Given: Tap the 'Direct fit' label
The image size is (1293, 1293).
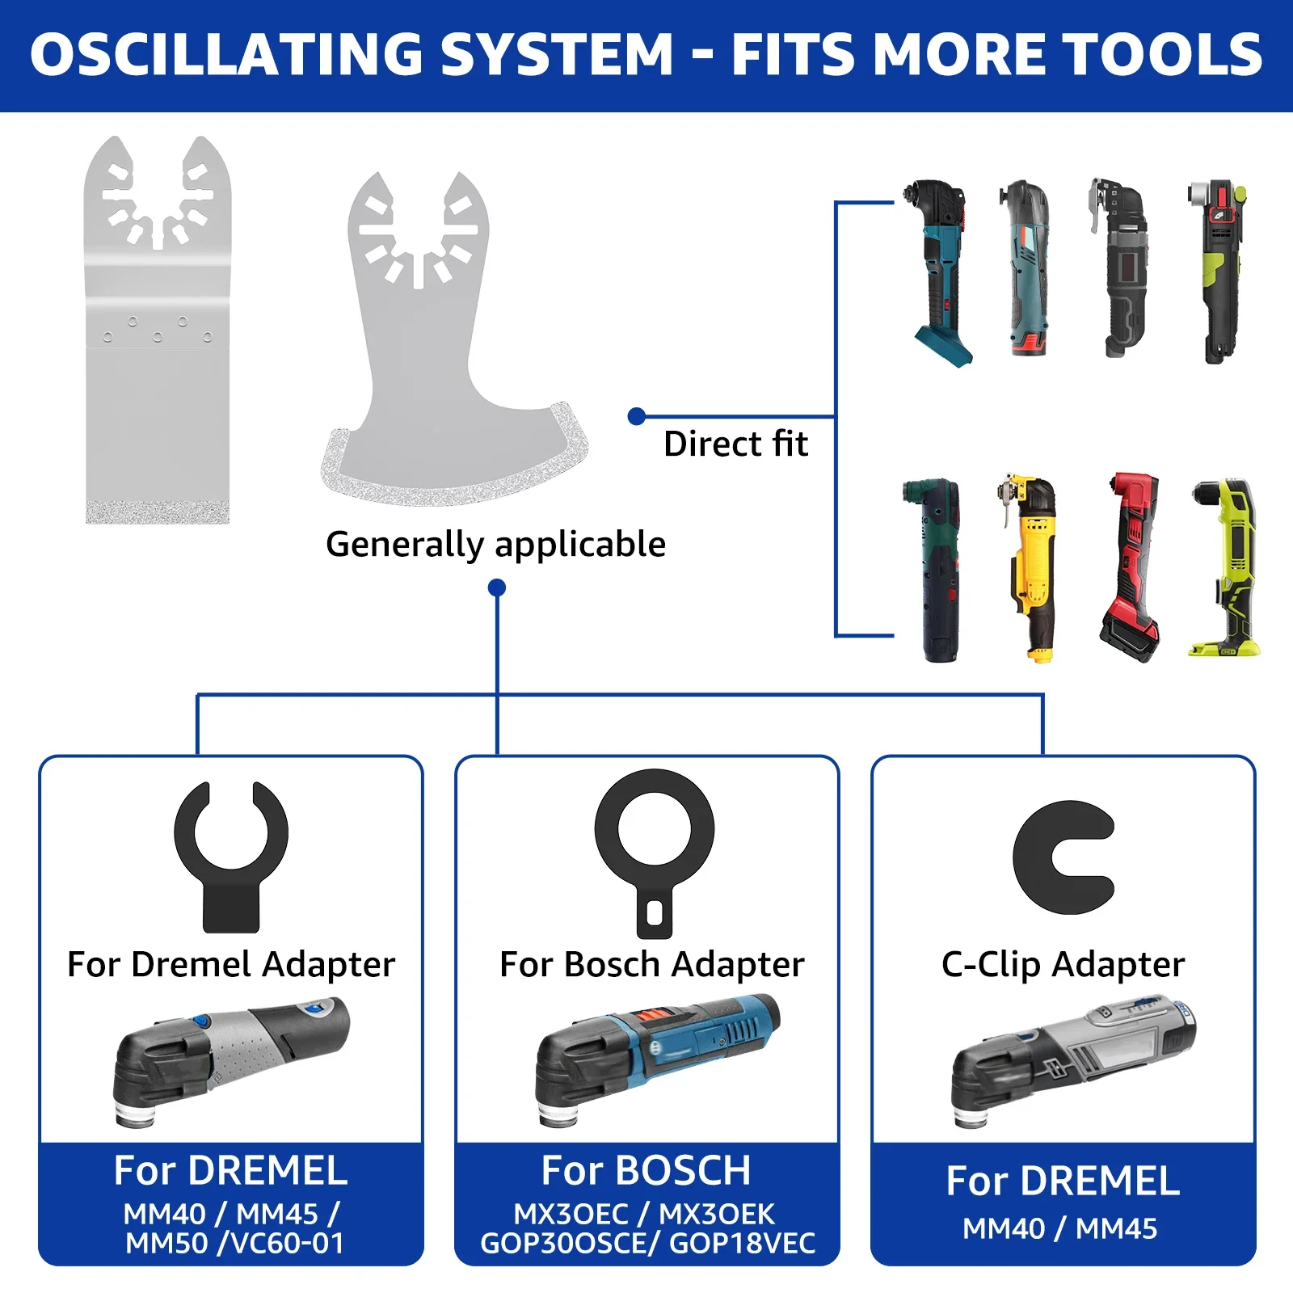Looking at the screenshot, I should click(x=735, y=444).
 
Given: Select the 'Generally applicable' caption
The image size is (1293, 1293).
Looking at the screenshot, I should click(x=495, y=544).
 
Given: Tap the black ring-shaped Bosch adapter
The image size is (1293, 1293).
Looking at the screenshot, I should click(x=655, y=849).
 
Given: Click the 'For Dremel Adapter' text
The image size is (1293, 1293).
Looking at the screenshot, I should click(x=231, y=964).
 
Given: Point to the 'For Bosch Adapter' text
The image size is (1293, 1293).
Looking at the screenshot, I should click(x=652, y=964).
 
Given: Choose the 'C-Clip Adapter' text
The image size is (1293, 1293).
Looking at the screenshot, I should click(x=1063, y=964).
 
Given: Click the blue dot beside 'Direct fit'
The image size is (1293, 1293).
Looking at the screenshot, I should click(x=637, y=416).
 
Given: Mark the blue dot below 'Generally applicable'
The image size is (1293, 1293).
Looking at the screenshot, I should click(x=497, y=588).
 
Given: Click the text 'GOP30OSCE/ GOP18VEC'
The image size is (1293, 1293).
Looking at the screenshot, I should click(x=647, y=1243).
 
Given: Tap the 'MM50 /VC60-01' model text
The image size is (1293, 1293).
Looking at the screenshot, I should click(x=234, y=1243).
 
